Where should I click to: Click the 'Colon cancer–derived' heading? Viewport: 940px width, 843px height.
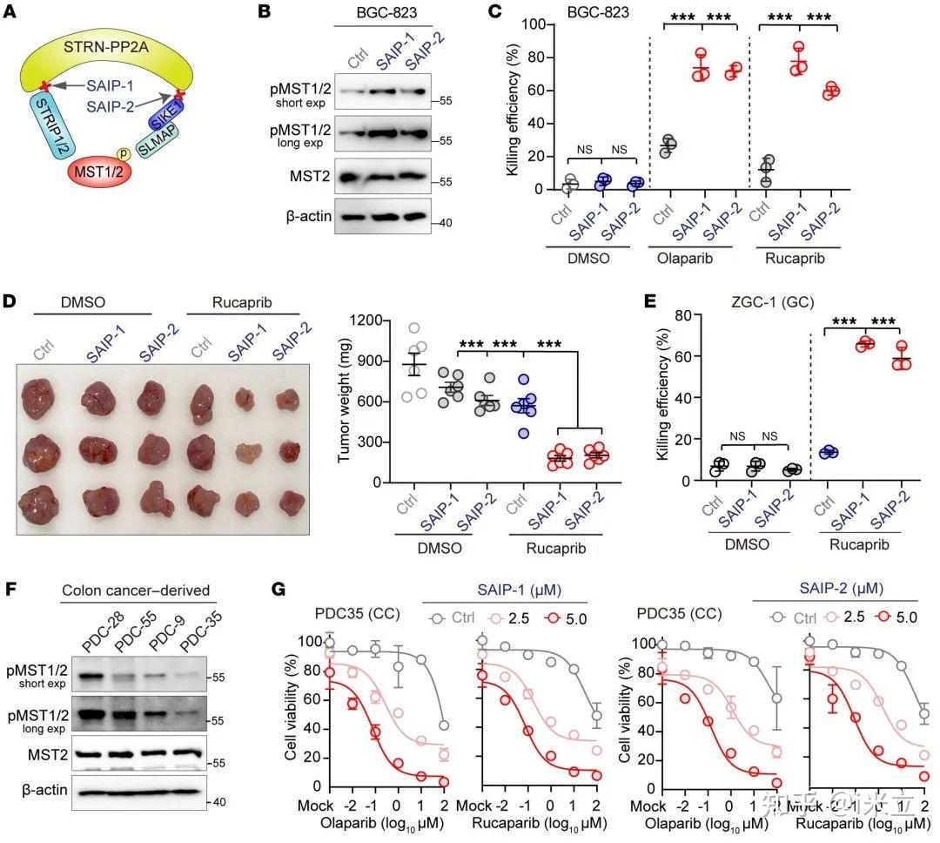pyautogui.click(x=136, y=590)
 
